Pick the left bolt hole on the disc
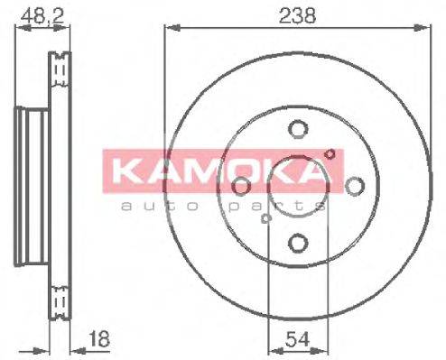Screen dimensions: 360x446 241,185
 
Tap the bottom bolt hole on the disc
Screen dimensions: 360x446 297,242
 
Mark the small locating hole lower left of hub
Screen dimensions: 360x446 265,217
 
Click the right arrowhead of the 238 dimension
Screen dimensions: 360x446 423,27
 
